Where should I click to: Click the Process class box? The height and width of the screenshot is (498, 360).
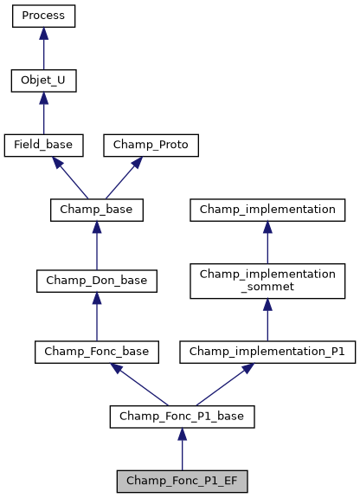point(43,16)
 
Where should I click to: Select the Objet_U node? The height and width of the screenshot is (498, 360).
point(43,81)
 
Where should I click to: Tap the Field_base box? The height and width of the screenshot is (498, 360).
point(43,146)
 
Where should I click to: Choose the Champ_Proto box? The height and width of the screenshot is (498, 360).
point(151,146)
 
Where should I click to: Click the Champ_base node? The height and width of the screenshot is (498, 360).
point(96,210)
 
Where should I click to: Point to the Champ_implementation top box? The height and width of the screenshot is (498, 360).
point(267,210)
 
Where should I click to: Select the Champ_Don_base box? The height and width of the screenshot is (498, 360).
point(96,281)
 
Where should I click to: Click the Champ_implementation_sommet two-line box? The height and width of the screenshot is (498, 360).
point(267,281)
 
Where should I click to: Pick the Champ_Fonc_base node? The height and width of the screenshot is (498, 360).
point(96,352)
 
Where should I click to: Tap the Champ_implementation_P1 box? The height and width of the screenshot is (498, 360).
point(267,352)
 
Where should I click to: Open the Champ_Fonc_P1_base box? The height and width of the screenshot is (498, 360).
point(182,417)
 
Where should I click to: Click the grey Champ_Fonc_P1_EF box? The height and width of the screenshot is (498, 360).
point(182,481)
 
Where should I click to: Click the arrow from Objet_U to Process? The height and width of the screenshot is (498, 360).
point(43,49)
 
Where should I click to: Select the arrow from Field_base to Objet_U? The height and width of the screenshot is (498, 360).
point(43,113)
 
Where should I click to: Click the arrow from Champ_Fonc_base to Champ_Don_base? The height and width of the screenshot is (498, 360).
point(96,316)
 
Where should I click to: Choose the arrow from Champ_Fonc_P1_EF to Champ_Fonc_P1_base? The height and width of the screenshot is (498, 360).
point(182,449)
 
